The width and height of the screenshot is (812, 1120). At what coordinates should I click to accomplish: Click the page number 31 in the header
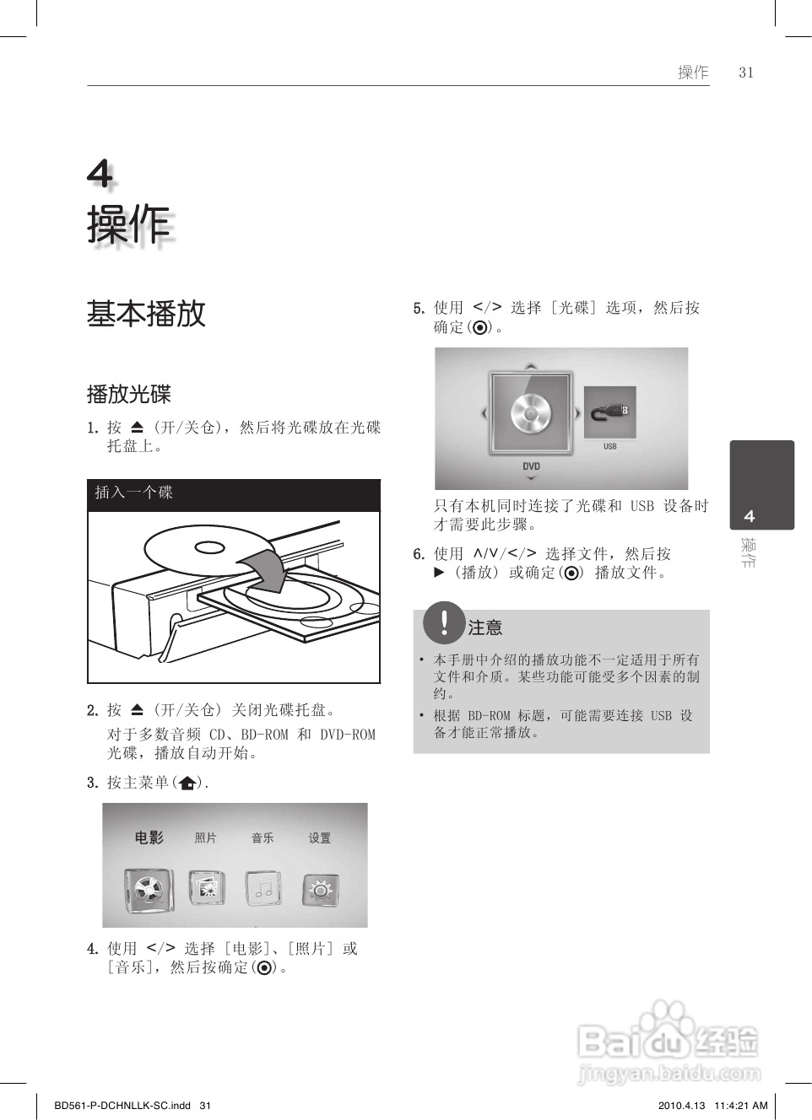point(745,73)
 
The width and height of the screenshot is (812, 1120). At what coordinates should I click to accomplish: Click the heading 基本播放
point(146,313)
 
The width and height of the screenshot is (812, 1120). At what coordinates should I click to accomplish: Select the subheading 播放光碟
point(128,394)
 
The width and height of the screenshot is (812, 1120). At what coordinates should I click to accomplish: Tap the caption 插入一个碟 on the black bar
point(133,493)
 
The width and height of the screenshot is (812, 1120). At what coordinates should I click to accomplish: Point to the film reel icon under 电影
point(149,889)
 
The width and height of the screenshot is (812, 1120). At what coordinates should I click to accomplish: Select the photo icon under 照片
point(206,888)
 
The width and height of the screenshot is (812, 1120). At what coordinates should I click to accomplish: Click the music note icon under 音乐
point(263,889)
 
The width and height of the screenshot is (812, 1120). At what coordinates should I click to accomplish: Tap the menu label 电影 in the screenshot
point(149,837)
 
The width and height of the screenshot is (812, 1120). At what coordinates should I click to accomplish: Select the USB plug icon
point(609,412)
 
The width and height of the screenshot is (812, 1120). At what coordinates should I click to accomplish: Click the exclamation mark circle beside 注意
point(444,622)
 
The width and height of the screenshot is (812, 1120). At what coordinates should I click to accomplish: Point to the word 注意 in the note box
point(485,627)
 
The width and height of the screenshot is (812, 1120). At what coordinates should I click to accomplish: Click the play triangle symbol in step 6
point(439,572)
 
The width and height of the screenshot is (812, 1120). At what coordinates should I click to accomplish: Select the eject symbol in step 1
point(138,428)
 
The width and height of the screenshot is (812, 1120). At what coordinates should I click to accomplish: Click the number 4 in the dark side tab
point(749,516)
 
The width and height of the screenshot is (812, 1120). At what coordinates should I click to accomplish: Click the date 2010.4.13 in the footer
point(680,1106)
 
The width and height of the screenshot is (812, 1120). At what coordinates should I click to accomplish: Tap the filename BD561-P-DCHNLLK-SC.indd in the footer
point(122,1106)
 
